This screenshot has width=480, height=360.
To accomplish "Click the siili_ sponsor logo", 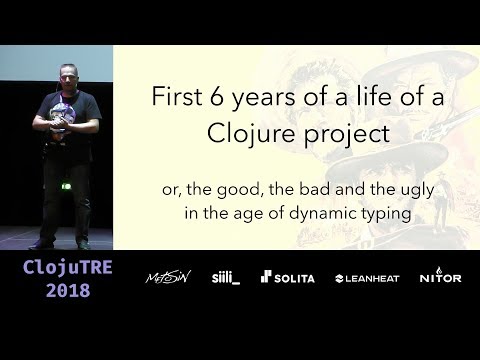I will [224, 277].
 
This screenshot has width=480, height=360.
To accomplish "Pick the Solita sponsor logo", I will [289, 277].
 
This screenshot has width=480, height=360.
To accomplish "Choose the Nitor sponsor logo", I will [440, 277].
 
